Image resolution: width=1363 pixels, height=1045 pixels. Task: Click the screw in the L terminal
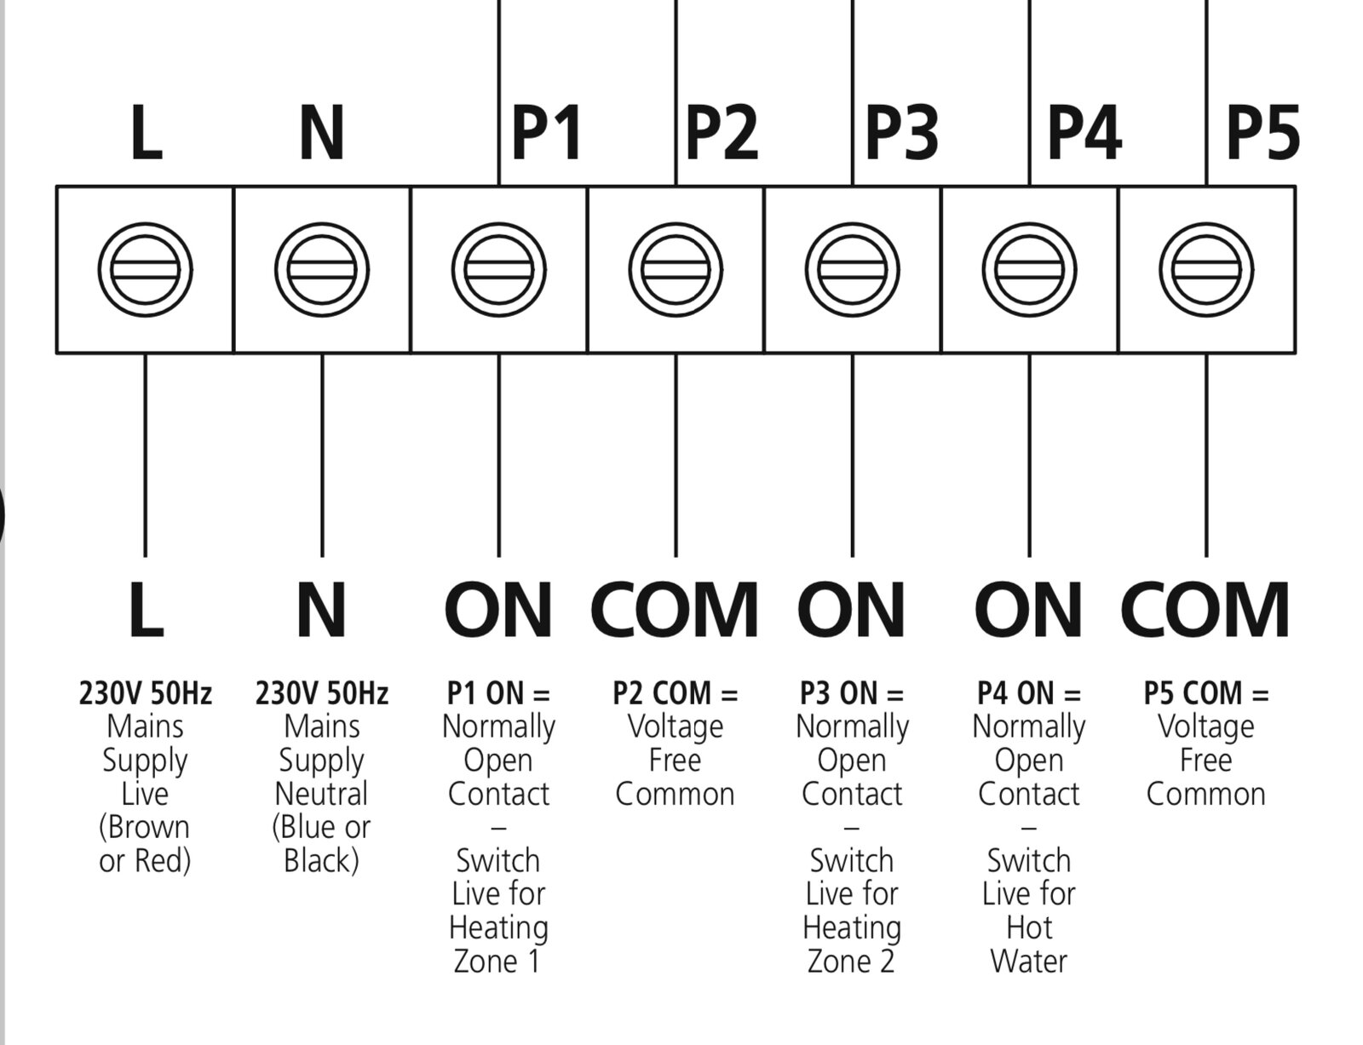click(145, 270)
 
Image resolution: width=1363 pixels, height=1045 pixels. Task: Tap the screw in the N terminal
click(322, 270)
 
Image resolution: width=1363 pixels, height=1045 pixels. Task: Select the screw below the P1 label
click(498, 270)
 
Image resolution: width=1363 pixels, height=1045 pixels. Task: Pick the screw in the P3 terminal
click(853, 270)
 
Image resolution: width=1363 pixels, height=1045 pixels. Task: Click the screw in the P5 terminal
click(1206, 270)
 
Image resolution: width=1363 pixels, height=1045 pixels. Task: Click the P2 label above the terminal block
click(722, 133)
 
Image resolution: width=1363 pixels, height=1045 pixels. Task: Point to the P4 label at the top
click(1084, 133)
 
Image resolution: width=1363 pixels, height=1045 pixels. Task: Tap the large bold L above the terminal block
click(147, 133)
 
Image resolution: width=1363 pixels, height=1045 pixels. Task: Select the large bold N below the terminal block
click(321, 609)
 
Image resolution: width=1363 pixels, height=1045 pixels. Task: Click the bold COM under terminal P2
click(675, 609)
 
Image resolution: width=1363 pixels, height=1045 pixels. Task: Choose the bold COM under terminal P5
click(1205, 609)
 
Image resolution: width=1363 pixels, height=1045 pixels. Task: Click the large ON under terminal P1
click(498, 609)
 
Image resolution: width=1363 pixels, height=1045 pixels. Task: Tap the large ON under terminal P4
click(1029, 609)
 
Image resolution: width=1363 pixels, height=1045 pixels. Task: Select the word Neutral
click(321, 795)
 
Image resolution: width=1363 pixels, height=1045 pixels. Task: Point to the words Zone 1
click(497, 962)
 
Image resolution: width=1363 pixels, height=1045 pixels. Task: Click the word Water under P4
click(1029, 962)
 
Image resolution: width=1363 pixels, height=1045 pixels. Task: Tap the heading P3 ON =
click(852, 693)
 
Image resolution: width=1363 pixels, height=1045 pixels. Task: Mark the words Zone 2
click(851, 962)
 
